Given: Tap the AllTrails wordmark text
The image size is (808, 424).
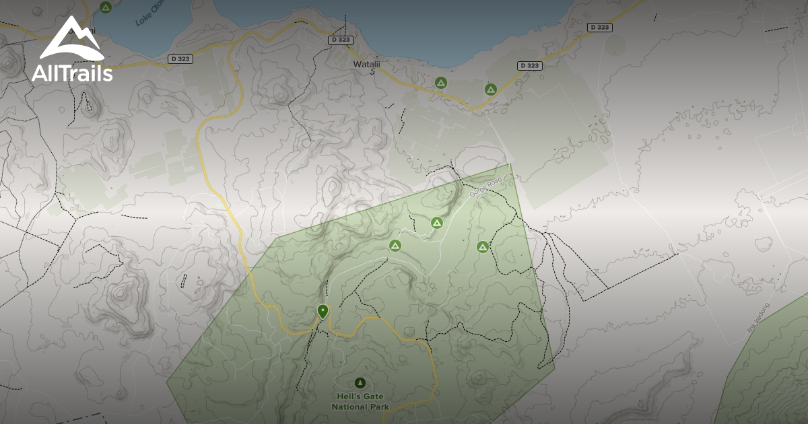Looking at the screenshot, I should pyautogui.click(x=72, y=73).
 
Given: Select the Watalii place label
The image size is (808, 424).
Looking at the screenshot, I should pyautogui.click(x=366, y=65).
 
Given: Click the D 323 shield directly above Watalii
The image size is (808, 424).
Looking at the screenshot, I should pyautogui.click(x=341, y=40).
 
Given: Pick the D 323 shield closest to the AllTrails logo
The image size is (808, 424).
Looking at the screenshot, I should pyautogui.click(x=180, y=59).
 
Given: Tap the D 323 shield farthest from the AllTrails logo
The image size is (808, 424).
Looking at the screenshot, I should pyautogui.click(x=599, y=28).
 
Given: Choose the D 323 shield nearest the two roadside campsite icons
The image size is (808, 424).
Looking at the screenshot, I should pyautogui.click(x=530, y=65).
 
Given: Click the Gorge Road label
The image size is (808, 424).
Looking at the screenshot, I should pyautogui.click(x=486, y=187).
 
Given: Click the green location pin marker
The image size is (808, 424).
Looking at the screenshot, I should pyautogui.click(x=323, y=311).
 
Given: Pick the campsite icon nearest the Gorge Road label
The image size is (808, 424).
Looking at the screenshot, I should pyautogui.click(x=437, y=222).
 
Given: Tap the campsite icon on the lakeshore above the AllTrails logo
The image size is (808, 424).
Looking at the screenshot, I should pyautogui.click(x=105, y=7).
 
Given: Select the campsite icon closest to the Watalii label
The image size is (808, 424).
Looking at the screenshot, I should pyautogui.click(x=440, y=83).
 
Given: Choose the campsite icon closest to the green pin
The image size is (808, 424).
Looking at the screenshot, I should pyautogui.click(x=395, y=246).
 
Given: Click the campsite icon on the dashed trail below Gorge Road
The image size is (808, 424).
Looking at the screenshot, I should pyautogui.click(x=482, y=247).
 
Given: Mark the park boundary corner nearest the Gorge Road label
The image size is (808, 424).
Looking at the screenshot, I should pyautogui.click(x=510, y=164).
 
